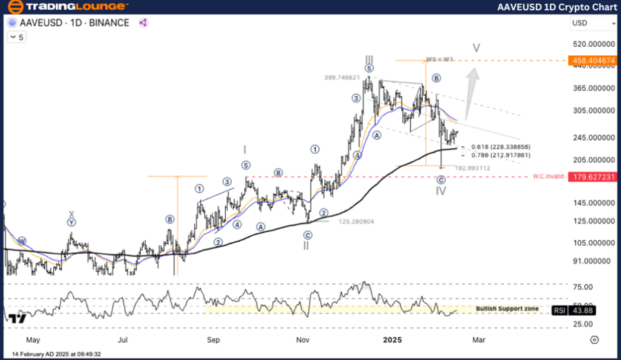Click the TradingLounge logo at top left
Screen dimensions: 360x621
[67, 7]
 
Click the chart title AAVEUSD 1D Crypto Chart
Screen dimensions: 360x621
[557, 7]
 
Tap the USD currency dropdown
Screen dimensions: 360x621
[593, 23]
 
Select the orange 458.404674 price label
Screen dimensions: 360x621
[593, 61]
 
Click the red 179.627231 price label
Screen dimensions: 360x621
[593, 177]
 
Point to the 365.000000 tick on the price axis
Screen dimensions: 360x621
[593, 88]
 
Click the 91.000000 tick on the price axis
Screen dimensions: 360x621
[593, 261]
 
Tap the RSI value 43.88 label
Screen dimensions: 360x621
[583, 310]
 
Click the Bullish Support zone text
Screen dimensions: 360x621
[507, 308]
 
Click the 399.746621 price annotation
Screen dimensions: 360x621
[343, 78]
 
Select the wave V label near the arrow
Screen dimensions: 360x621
[476, 48]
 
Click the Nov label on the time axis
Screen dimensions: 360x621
[302, 340]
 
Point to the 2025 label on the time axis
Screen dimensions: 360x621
[392, 340]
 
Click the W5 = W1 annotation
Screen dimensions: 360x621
[440, 59]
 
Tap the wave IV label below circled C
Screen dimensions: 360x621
[441, 191]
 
